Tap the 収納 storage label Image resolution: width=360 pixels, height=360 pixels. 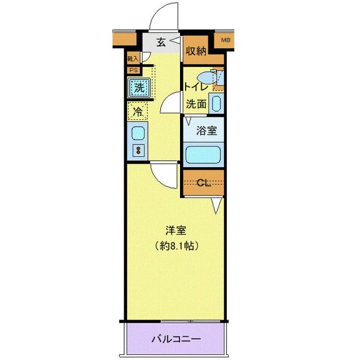point(197,50)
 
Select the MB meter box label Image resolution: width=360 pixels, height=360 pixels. point(226,40)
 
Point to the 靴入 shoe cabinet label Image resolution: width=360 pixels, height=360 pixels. point(133,58)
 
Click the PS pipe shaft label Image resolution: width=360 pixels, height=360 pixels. point(133,70)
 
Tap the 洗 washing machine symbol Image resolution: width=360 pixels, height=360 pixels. point(138,87)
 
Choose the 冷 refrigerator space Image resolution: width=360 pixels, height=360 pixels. point(137,111)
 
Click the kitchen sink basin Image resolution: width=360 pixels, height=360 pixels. point(137,133)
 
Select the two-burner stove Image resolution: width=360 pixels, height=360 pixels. point(137,151)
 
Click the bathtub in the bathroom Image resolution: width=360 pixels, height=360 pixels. point(203,153)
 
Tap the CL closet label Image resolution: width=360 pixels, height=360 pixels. point(204,182)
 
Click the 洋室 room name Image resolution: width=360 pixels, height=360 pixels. point(175,230)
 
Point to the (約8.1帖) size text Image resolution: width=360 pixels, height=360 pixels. point(176,246)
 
